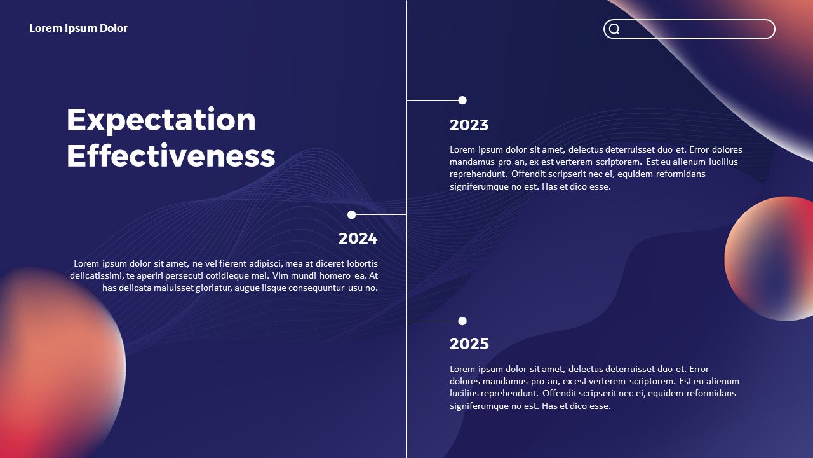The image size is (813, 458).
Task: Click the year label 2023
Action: tap(469, 125)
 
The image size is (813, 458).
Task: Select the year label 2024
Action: tap(358, 239)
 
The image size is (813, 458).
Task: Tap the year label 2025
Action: tap(469, 344)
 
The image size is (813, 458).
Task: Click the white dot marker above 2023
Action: tap(462, 100)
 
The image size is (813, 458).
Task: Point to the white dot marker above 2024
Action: tap(351, 215)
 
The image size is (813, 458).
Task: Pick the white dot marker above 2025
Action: tap(462, 321)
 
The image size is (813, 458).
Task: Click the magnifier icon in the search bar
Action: tap(614, 29)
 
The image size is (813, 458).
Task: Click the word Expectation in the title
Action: tap(161, 120)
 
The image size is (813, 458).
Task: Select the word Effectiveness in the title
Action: tap(171, 156)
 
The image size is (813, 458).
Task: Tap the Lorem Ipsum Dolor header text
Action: tap(78, 28)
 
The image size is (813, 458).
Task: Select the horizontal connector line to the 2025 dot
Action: tap(432, 321)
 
